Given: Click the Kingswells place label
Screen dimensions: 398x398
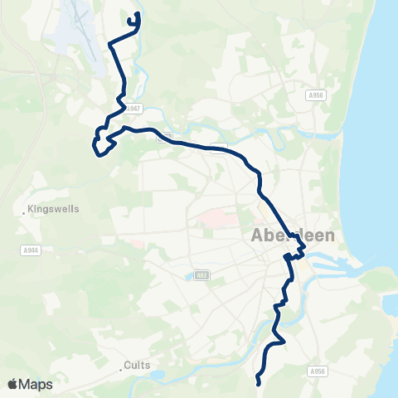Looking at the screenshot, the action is pos(55,209).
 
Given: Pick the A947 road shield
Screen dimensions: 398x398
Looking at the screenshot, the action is pos(136,109).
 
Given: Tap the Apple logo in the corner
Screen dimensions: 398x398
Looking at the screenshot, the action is pos(12,384).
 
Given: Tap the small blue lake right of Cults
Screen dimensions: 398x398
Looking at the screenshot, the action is pos(158,376).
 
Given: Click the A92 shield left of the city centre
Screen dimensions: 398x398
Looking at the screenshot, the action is pos(201,274).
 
